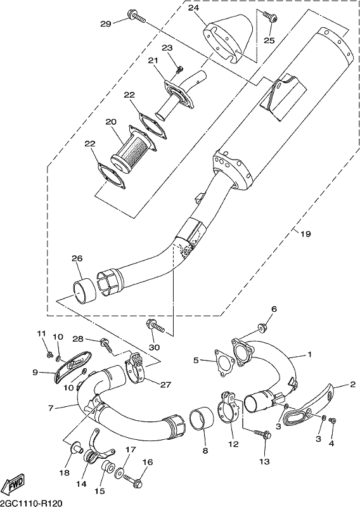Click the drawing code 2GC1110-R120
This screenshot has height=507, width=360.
31,503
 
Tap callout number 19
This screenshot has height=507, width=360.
305,234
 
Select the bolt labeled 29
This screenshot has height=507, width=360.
137,16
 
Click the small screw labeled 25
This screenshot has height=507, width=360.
270,16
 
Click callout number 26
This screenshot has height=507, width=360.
77,259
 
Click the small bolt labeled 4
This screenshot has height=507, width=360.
332,421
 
